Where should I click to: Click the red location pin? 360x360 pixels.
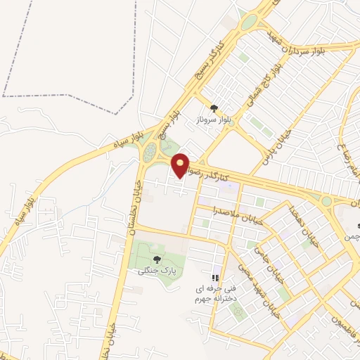(181, 165)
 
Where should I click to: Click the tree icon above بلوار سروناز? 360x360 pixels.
(214, 108)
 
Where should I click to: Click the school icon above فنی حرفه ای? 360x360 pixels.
(215, 277)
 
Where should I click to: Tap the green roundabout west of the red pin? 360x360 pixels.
(149, 153)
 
